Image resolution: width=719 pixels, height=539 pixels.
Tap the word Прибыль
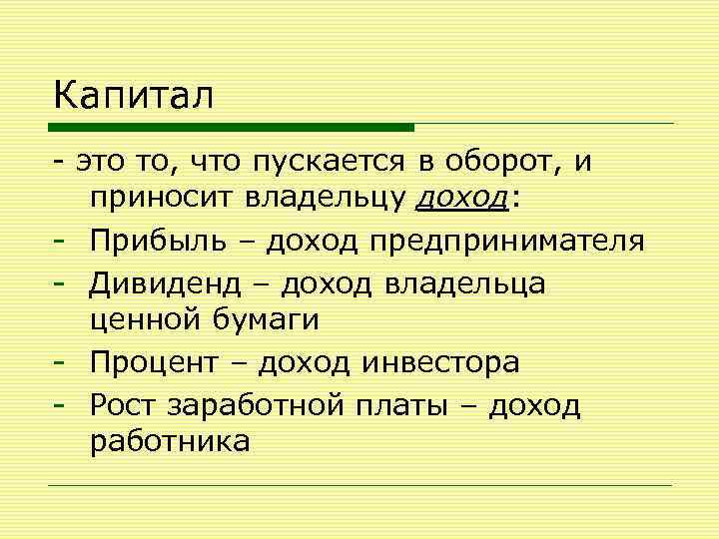pos(155,242)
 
